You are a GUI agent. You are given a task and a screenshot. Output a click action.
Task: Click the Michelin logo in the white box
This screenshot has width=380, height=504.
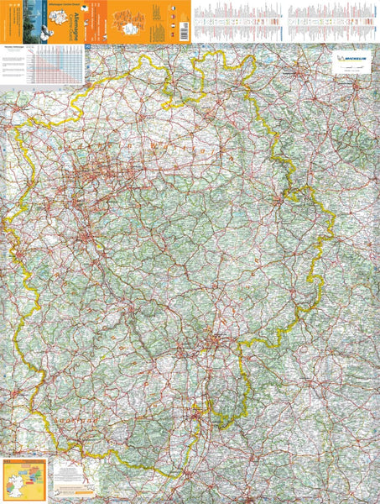[x=351, y=60]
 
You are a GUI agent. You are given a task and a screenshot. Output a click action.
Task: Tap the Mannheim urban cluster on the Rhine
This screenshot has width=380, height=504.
[x=197, y=412]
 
